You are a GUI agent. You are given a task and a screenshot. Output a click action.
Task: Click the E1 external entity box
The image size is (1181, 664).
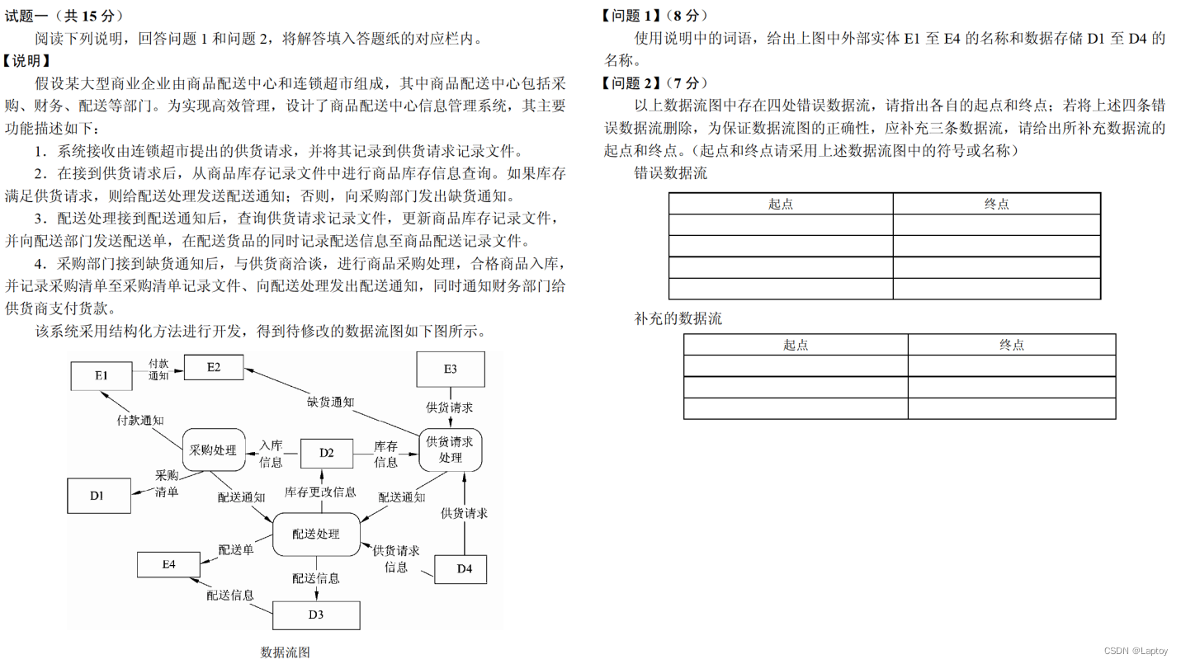pyautogui.click(x=101, y=375)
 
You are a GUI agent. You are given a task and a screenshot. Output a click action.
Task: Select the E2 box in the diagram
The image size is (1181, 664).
pyautogui.click(x=213, y=367)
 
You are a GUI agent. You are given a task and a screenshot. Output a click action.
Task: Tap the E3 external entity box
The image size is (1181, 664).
pyautogui.click(x=450, y=370)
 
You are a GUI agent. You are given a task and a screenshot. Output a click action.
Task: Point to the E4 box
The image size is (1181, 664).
pyautogui.click(x=168, y=564)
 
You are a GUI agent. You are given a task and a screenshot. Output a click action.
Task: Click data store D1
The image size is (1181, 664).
pyautogui.click(x=97, y=495)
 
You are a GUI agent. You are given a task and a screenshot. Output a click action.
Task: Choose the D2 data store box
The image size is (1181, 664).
pyautogui.click(x=327, y=452)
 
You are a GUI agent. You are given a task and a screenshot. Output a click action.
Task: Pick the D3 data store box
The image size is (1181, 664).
pyautogui.click(x=316, y=615)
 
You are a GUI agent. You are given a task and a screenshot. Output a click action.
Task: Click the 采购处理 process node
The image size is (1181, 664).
pyautogui.click(x=213, y=450)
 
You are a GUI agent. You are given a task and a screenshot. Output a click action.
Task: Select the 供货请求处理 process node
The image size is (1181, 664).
pyautogui.click(x=450, y=450)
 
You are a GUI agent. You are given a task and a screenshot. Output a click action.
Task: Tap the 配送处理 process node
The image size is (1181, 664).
pyautogui.click(x=316, y=534)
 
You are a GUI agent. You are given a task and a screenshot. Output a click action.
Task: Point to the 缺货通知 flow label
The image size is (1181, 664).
pyautogui.click(x=330, y=402)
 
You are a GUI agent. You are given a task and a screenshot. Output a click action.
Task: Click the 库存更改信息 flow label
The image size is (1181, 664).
pyautogui.click(x=321, y=492)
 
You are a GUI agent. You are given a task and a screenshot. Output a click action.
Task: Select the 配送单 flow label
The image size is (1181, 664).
pyautogui.click(x=236, y=549)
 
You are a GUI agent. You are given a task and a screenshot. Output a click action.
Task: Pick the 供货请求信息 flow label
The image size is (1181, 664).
pyautogui.click(x=396, y=558)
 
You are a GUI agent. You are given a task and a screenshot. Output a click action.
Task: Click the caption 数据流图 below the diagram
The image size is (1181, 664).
pyautogui.click(x=285, y=652)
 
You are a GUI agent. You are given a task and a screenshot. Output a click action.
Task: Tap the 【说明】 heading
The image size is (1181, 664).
pyautogui.click(x=27, y=61)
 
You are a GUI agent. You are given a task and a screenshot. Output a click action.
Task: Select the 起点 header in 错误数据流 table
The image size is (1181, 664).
pyautogui.click(x=780, y=204)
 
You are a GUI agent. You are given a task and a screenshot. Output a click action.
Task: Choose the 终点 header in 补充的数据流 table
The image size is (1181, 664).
pyautogui.click(x=1011, y=345)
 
